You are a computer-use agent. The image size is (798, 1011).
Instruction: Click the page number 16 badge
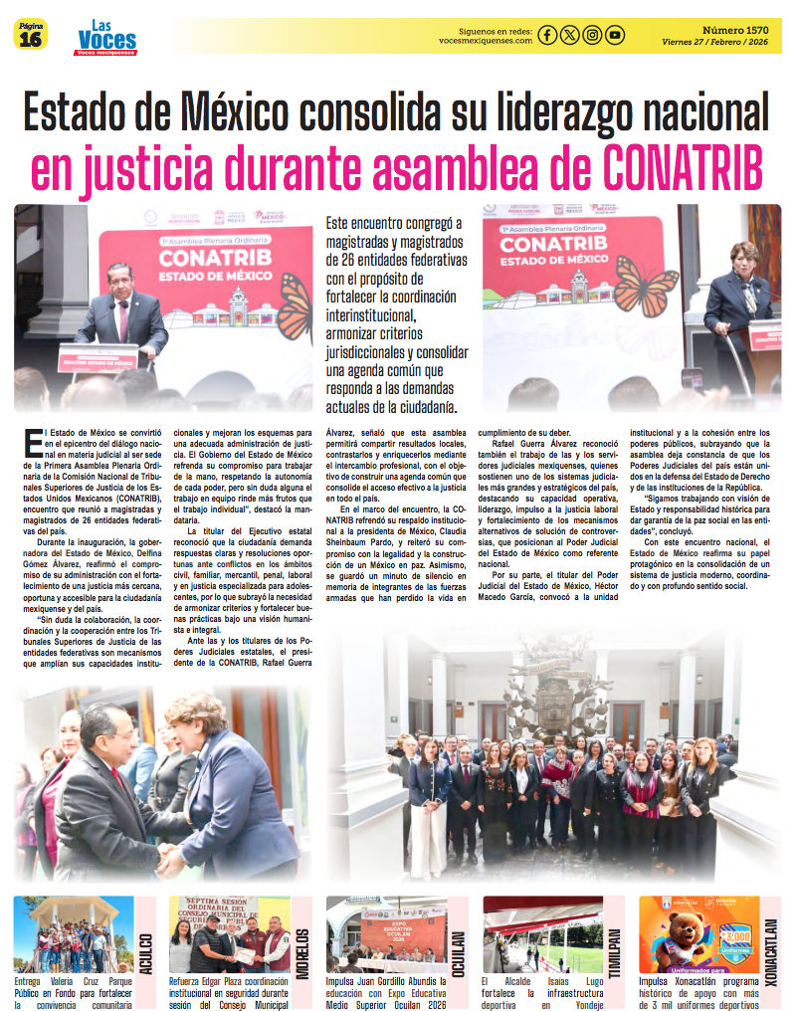pos(30,36)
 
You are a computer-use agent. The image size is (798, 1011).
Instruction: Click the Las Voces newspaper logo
pos(106,38)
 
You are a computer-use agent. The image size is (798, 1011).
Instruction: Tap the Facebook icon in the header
pos(547,36)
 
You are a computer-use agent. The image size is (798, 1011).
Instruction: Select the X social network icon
pos(569,36)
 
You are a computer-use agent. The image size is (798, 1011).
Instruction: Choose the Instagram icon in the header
pos(592,36)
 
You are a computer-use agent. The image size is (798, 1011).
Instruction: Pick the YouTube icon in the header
pos(615,36)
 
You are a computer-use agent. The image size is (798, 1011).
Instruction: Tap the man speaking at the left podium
pos(122,308)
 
